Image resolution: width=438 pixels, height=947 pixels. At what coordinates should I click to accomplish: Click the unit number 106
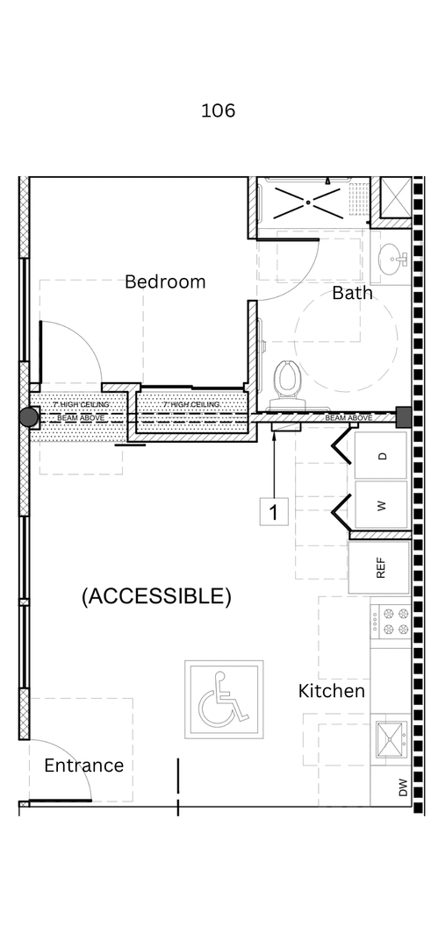(218, 110)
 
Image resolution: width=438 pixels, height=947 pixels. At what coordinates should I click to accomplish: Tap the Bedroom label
(165, 281)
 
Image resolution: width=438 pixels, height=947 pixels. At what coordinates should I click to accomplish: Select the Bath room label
(351, 293)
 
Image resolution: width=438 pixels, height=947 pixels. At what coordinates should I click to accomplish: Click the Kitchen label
(331, 691)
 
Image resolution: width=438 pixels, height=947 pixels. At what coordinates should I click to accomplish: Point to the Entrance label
(83, 765)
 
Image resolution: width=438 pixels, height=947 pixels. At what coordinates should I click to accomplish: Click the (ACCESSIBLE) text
(156, 596)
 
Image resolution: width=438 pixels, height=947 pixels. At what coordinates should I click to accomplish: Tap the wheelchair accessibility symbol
(223, 699)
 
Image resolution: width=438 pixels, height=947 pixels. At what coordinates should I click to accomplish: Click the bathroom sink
(392, 259)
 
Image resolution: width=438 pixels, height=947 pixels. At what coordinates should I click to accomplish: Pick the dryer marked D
(382, 456)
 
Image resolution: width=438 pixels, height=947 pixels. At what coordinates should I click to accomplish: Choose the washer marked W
(382, 505)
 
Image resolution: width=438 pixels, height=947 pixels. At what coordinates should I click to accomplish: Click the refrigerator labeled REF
(380, 568)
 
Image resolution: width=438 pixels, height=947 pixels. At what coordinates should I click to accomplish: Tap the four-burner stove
(391, 622)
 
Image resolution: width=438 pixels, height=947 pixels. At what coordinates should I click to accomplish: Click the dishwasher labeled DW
(402, 788)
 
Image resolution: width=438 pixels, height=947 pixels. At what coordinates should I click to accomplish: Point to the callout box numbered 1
(274, 511)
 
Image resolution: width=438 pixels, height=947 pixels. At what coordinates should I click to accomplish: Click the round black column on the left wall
(29, 417)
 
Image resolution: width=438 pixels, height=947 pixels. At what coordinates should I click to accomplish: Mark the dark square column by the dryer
(404, 417)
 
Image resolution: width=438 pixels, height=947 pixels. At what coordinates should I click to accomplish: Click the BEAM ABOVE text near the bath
(348, 418)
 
